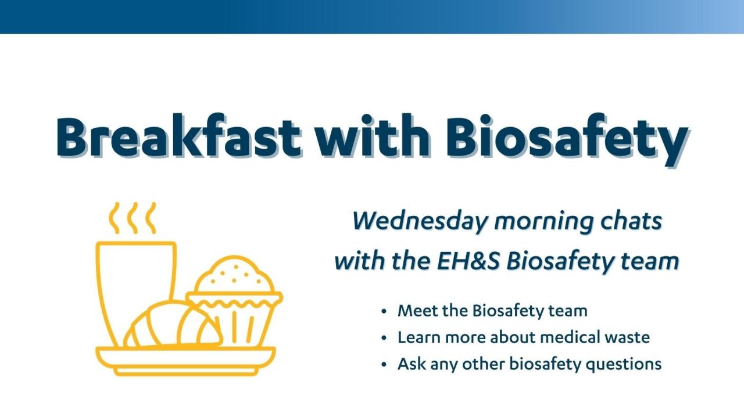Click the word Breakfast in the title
click(x=178, y=136)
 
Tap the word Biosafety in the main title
click(x=567, y=139)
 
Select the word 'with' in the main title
click(x=373, y=135)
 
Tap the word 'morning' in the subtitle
click(x=543, y=222)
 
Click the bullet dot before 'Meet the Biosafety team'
click(x=384, y=312)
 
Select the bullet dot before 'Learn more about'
click(x=384, y=338)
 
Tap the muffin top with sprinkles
click(x=234, y=275)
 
